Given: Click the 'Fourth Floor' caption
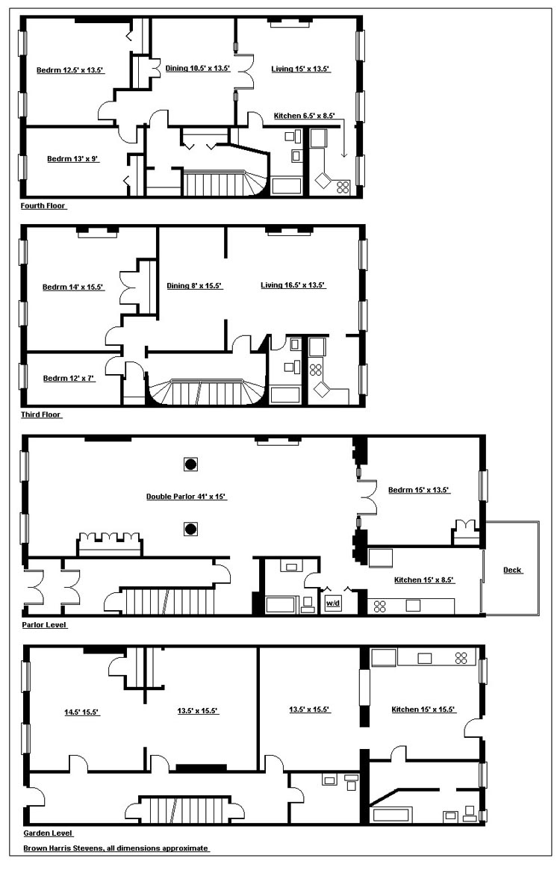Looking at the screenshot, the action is coord(43,206).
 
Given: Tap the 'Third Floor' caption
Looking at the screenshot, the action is coord(41,414).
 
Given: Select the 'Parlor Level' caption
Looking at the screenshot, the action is coord(44,625).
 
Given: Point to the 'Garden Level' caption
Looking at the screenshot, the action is coord(48,833).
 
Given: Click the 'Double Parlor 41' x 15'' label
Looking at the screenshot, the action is coord(186,497).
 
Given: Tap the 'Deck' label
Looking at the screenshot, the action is coord(512,570).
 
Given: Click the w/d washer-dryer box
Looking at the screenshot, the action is coord(333,603).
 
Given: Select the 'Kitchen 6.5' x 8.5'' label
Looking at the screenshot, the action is coord(304,116).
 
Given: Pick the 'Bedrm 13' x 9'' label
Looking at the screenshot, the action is coord(72,159).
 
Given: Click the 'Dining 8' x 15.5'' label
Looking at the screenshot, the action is coord(194,286).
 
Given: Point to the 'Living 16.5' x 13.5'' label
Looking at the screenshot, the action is coord(293,285).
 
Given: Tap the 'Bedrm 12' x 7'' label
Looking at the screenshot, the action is coord(69,379).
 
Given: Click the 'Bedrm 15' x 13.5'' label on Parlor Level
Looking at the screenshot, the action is coord(418,490).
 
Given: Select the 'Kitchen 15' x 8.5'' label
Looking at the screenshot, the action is coord(424,580).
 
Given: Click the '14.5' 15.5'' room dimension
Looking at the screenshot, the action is coord(81,712).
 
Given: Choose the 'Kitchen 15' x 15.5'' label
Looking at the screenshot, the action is coord(423,709).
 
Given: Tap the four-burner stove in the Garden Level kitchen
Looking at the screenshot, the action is coord(461,658).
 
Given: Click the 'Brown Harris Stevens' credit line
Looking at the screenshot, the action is coord(116,848).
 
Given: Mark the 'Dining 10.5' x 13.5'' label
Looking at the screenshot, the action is coord(198,69).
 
